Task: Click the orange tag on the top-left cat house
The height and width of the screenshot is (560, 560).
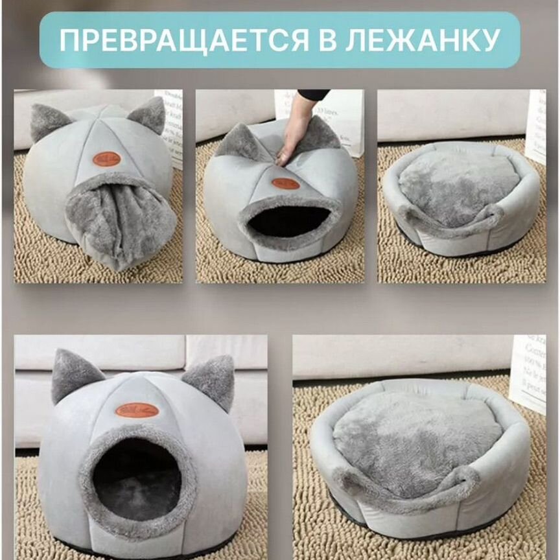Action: pos(107,159)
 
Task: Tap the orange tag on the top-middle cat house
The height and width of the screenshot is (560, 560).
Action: pos(286,183)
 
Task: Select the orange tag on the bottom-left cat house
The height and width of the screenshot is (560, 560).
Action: pos(137,410)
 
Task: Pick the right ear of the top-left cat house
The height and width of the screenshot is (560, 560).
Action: pos(148,114)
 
